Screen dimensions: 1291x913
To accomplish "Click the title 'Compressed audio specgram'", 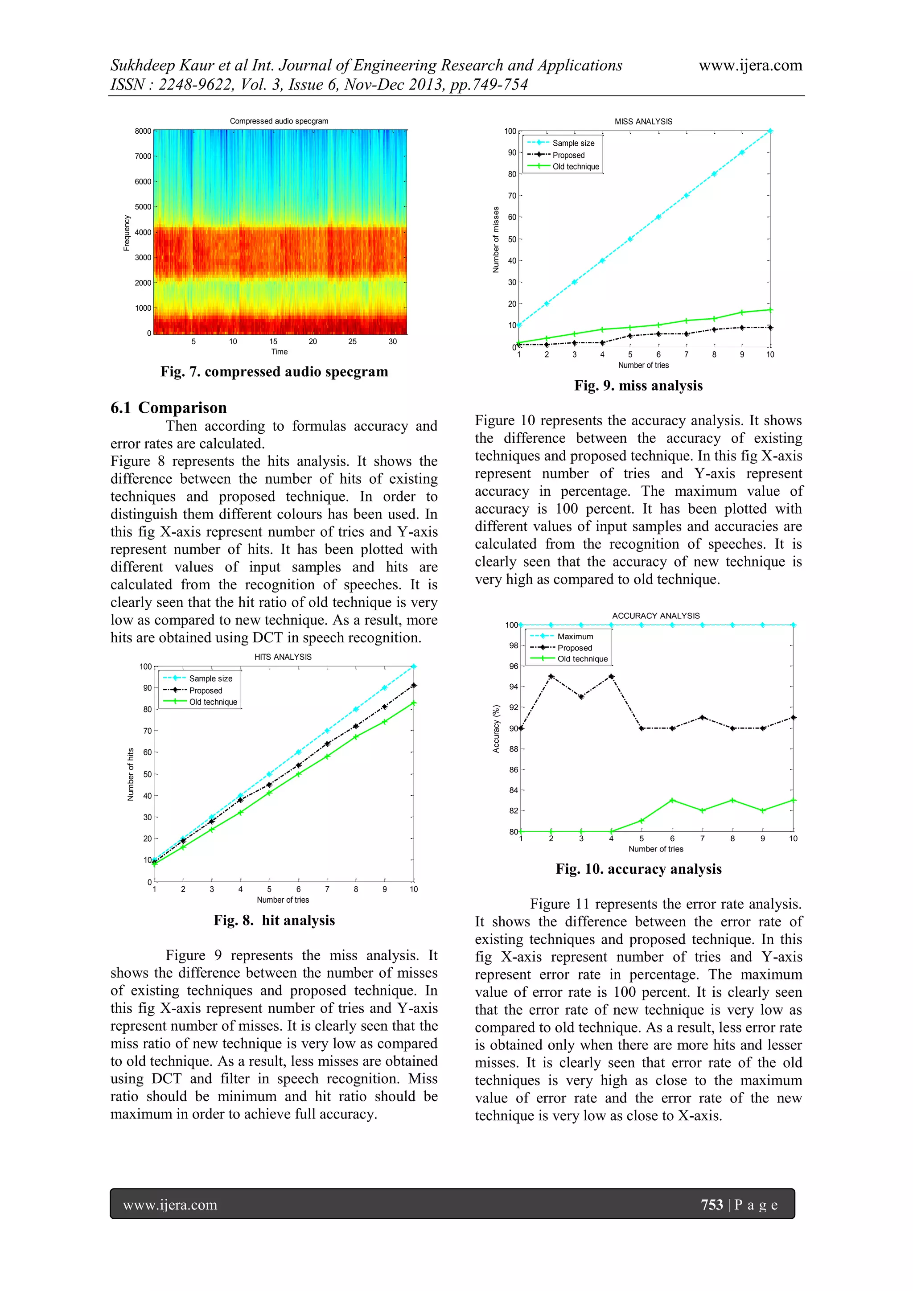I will [x=279, y=121].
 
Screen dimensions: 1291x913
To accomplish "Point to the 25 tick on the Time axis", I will [x=353, y=341].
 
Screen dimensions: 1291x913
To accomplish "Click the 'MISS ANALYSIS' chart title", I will [x=643, y=121].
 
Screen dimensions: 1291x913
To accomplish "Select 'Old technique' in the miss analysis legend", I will [x=576, y=166].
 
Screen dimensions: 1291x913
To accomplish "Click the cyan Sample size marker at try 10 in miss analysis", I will [x=770, y=131].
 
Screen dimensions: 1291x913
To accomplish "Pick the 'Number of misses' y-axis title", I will [x=496, y=239].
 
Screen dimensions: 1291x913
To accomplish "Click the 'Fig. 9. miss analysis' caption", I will [x=638, y=386].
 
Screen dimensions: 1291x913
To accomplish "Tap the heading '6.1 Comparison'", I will [x=169, y=407].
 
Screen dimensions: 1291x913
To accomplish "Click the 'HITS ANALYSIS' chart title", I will [x=283, y=657].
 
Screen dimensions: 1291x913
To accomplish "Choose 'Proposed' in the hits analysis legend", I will [x=206, y=691].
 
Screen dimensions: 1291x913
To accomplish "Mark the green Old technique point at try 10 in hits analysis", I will [x=414, y=703].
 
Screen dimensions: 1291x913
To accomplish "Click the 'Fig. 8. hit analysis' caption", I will [x=274, y=921].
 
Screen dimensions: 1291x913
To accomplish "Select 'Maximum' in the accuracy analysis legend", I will [x=575, y=637].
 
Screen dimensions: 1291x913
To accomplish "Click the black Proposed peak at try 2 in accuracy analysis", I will [x=551, y=676].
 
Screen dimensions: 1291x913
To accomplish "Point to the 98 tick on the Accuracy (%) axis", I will [x=513, y=645].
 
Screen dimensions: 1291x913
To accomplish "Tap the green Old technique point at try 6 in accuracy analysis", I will [x=672, y=800].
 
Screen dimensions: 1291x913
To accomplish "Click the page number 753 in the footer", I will [x=712, y=1205].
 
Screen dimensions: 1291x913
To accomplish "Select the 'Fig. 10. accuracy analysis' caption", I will [x=638, y=869].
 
